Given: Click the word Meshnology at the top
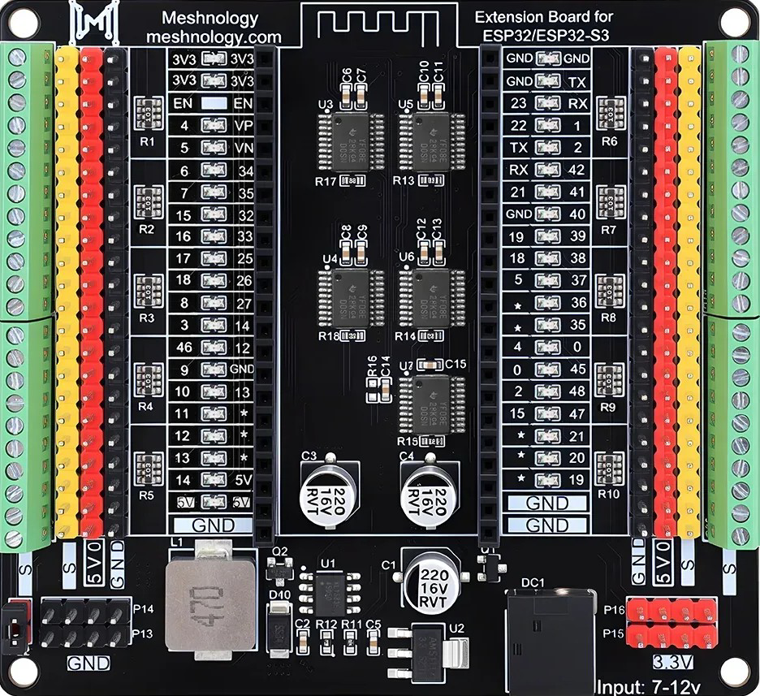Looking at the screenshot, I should pos(210,18).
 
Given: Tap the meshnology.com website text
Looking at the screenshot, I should pos(214,37).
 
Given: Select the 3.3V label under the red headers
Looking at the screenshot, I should pos(672,660).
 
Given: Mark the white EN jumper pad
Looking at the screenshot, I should pos(213,104).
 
